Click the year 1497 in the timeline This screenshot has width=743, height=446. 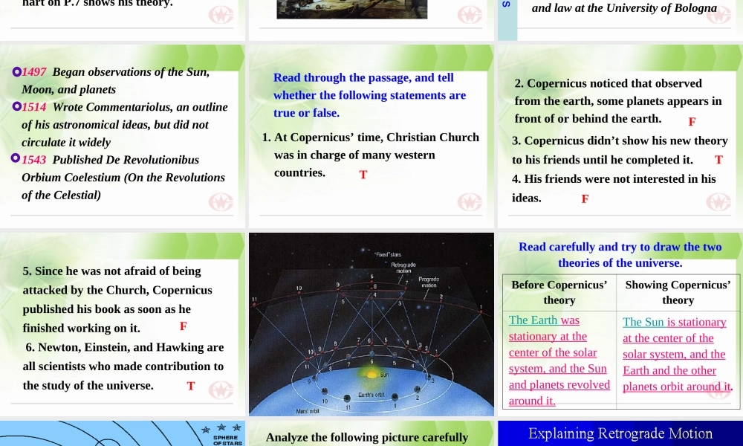34,72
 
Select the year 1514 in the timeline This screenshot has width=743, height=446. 34,107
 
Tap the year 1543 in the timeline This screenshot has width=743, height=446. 34,160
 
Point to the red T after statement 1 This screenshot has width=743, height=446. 363,175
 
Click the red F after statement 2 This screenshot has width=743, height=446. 692,121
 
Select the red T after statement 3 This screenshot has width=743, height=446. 718,160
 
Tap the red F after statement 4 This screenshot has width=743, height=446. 585,199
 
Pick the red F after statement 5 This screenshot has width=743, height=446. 183,326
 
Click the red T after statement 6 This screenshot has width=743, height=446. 191,386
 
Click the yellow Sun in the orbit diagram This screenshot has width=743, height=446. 385,375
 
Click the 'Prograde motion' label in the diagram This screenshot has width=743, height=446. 429,282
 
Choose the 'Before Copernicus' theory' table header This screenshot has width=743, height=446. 559,292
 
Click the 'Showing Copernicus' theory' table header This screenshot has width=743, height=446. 678,292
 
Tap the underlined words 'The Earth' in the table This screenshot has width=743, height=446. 533,320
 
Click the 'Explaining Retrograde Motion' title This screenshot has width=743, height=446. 620,433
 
